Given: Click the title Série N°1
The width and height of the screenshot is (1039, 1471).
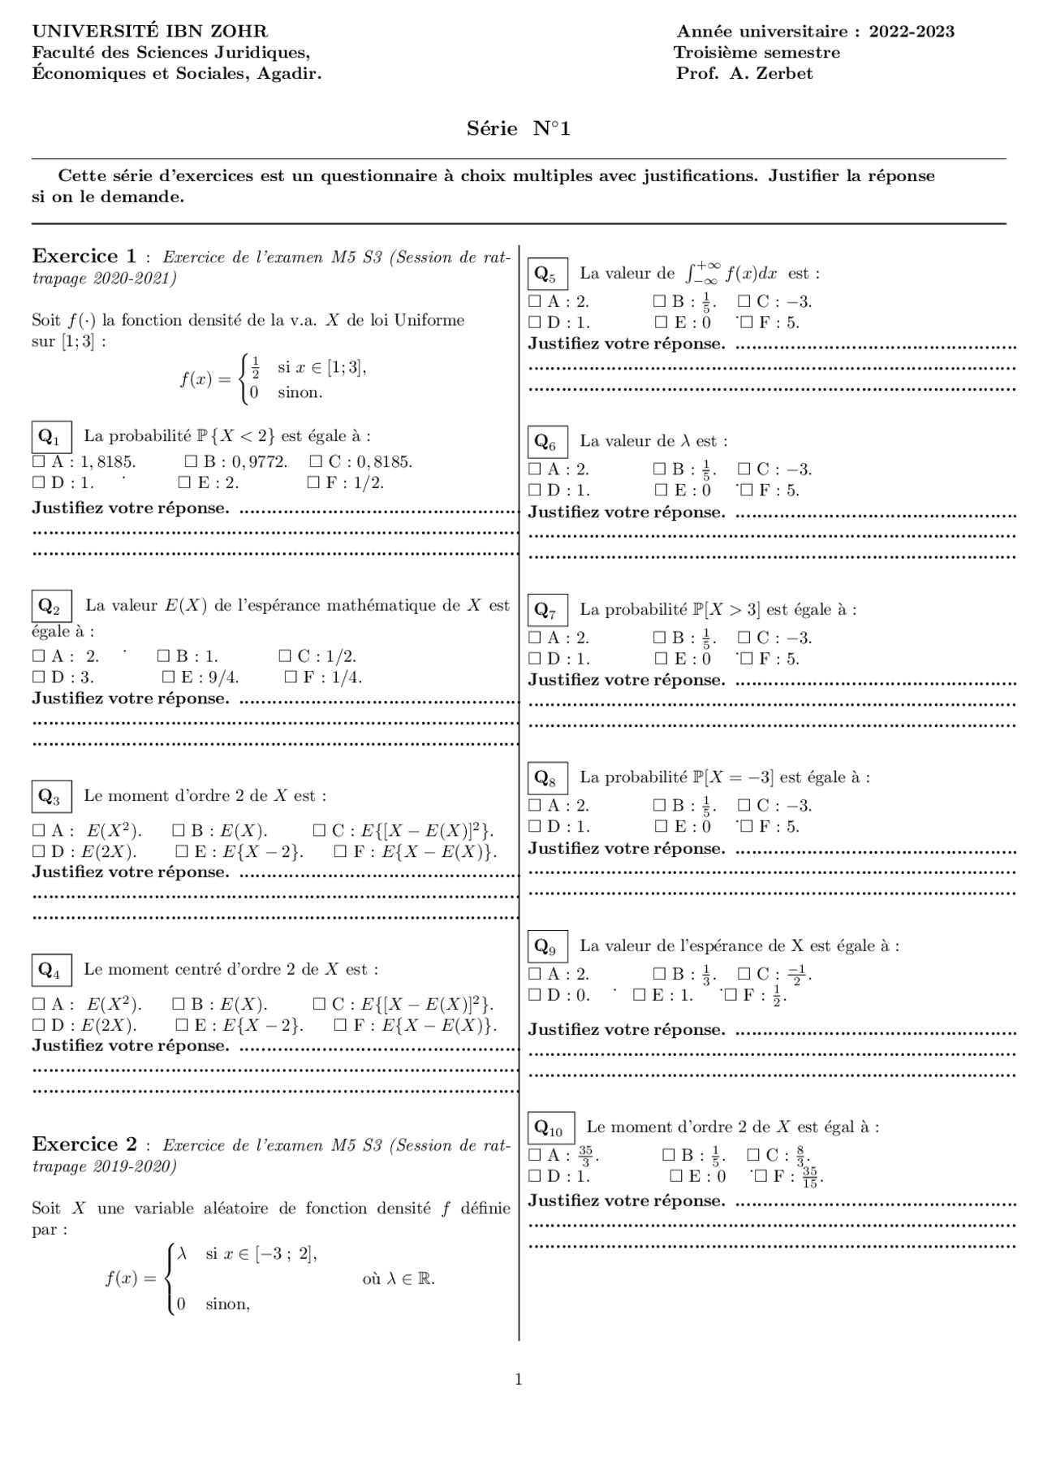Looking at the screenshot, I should (x=518, y=128).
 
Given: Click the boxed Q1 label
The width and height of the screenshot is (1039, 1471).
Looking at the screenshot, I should (x=50, y=437).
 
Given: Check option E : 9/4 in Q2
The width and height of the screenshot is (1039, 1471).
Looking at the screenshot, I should (x=169, y=677).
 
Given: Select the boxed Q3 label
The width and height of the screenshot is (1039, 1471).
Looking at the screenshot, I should (x=50, y=797).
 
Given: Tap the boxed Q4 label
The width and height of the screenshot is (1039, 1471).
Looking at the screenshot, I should (x=50, y=971).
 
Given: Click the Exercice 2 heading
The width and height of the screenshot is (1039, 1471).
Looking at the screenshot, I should (x=84, y=1144).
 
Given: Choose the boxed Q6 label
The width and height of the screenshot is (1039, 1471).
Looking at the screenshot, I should (x=546, y=443).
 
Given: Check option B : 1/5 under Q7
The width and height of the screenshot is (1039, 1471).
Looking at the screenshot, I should (x=659, y=638).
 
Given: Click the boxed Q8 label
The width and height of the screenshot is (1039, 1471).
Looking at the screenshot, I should (x=546, y=779).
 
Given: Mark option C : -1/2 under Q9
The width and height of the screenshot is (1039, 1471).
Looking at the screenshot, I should (x=744, y=974).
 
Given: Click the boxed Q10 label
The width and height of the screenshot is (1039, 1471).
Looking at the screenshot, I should (x=550, y=1128).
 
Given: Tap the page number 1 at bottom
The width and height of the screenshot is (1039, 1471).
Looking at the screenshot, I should (x=519, y=1380).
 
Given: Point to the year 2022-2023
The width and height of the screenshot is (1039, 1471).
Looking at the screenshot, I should (x=911, y=32).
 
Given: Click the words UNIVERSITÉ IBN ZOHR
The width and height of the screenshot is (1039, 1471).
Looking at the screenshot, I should (x=149, y=32).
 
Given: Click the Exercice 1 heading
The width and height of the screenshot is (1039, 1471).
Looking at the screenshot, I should (x=84, y=257).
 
